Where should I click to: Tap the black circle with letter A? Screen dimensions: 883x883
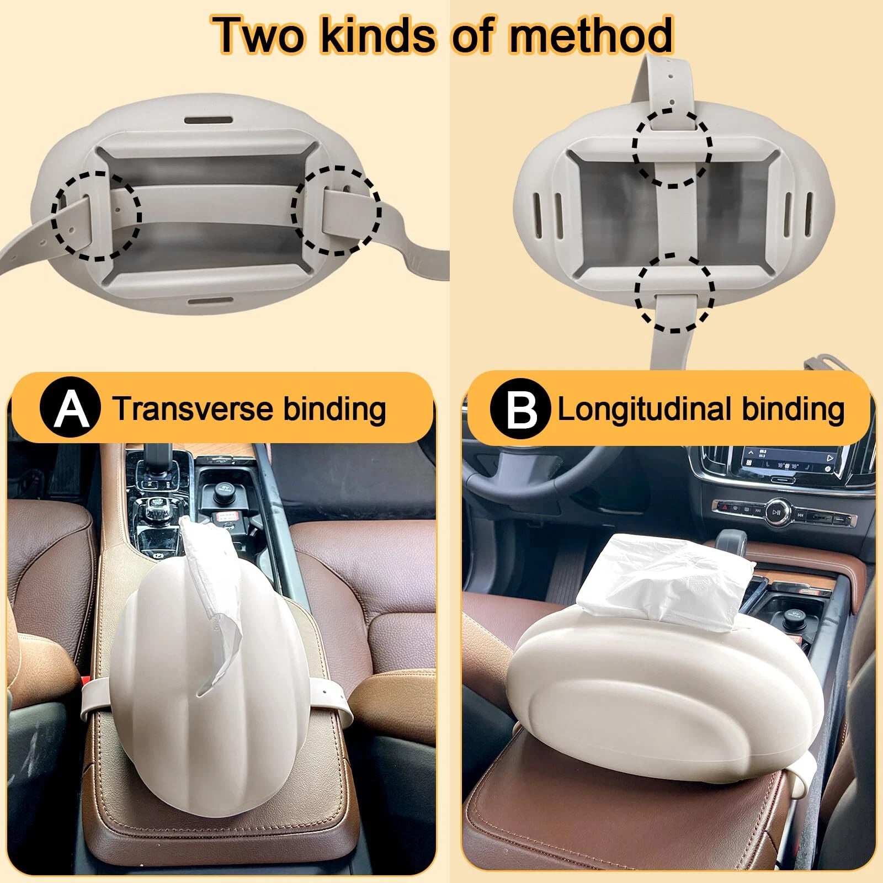(x=71, y=408)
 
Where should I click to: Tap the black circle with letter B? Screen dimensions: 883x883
(x=520, y=409)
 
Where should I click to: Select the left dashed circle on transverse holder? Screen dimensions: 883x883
(x=97, y=216)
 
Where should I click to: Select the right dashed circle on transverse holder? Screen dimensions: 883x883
(x=336, y=211)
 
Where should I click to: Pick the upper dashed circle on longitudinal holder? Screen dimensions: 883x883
(x=672, y=147)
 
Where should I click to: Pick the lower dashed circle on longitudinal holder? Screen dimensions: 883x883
(x=674, y=292)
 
